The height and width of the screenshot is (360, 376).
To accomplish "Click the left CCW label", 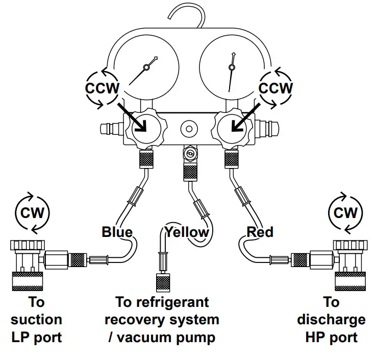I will coord(102,88).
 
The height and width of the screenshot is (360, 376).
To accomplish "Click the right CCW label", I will coord(276,88).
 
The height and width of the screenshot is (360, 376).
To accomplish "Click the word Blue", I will coord(117,232).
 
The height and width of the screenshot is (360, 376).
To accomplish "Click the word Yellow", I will coord(187,232).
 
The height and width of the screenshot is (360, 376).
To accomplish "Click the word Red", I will coord(260,232).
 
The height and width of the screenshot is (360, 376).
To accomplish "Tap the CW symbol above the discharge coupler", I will coord(345,211).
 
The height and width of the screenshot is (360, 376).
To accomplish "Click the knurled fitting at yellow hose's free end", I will coord(163,282).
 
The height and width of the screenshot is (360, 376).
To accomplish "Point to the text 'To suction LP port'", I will coord(36,320).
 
